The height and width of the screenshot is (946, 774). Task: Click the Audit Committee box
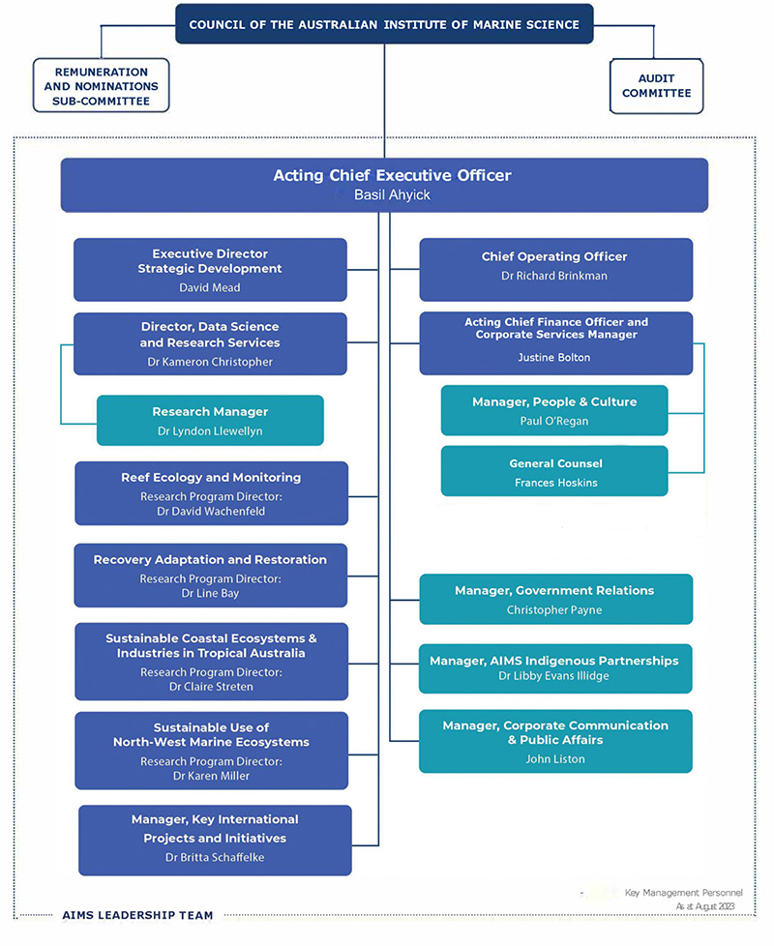tap(656, 86)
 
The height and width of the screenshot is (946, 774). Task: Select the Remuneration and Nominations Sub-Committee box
tap(101, 86)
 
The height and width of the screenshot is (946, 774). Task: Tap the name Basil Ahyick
tap(392, 194)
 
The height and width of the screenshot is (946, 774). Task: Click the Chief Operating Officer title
tap(554, 256)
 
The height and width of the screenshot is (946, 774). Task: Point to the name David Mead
tap(209, 288)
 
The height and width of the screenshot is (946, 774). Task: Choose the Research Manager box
tap(210, 421)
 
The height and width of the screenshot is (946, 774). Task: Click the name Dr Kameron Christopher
tap(210, 362)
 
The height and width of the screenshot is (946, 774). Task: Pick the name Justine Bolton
tap(553, 357)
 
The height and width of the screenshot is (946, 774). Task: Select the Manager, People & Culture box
tap(554, 410)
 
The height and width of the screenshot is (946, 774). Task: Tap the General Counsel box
tap(554, 471)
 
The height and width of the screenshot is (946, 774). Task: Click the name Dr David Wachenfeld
tap(211, 511)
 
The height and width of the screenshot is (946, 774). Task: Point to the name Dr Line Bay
tap(211, 593)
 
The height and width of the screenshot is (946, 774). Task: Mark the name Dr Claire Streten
tap(211, 687)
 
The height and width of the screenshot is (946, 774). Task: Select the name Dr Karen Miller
tap(211, 776)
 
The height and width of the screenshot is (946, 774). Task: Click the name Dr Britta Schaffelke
tap(215, 857)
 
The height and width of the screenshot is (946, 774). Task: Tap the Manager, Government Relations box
tap(555, 599)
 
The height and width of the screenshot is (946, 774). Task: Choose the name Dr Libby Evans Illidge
tap(553, 676)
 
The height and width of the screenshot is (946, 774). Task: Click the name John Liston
tap(555, 759)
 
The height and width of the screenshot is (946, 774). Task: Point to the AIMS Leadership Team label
tap(137, 915)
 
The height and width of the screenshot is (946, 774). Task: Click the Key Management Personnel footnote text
tap(683, 893)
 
